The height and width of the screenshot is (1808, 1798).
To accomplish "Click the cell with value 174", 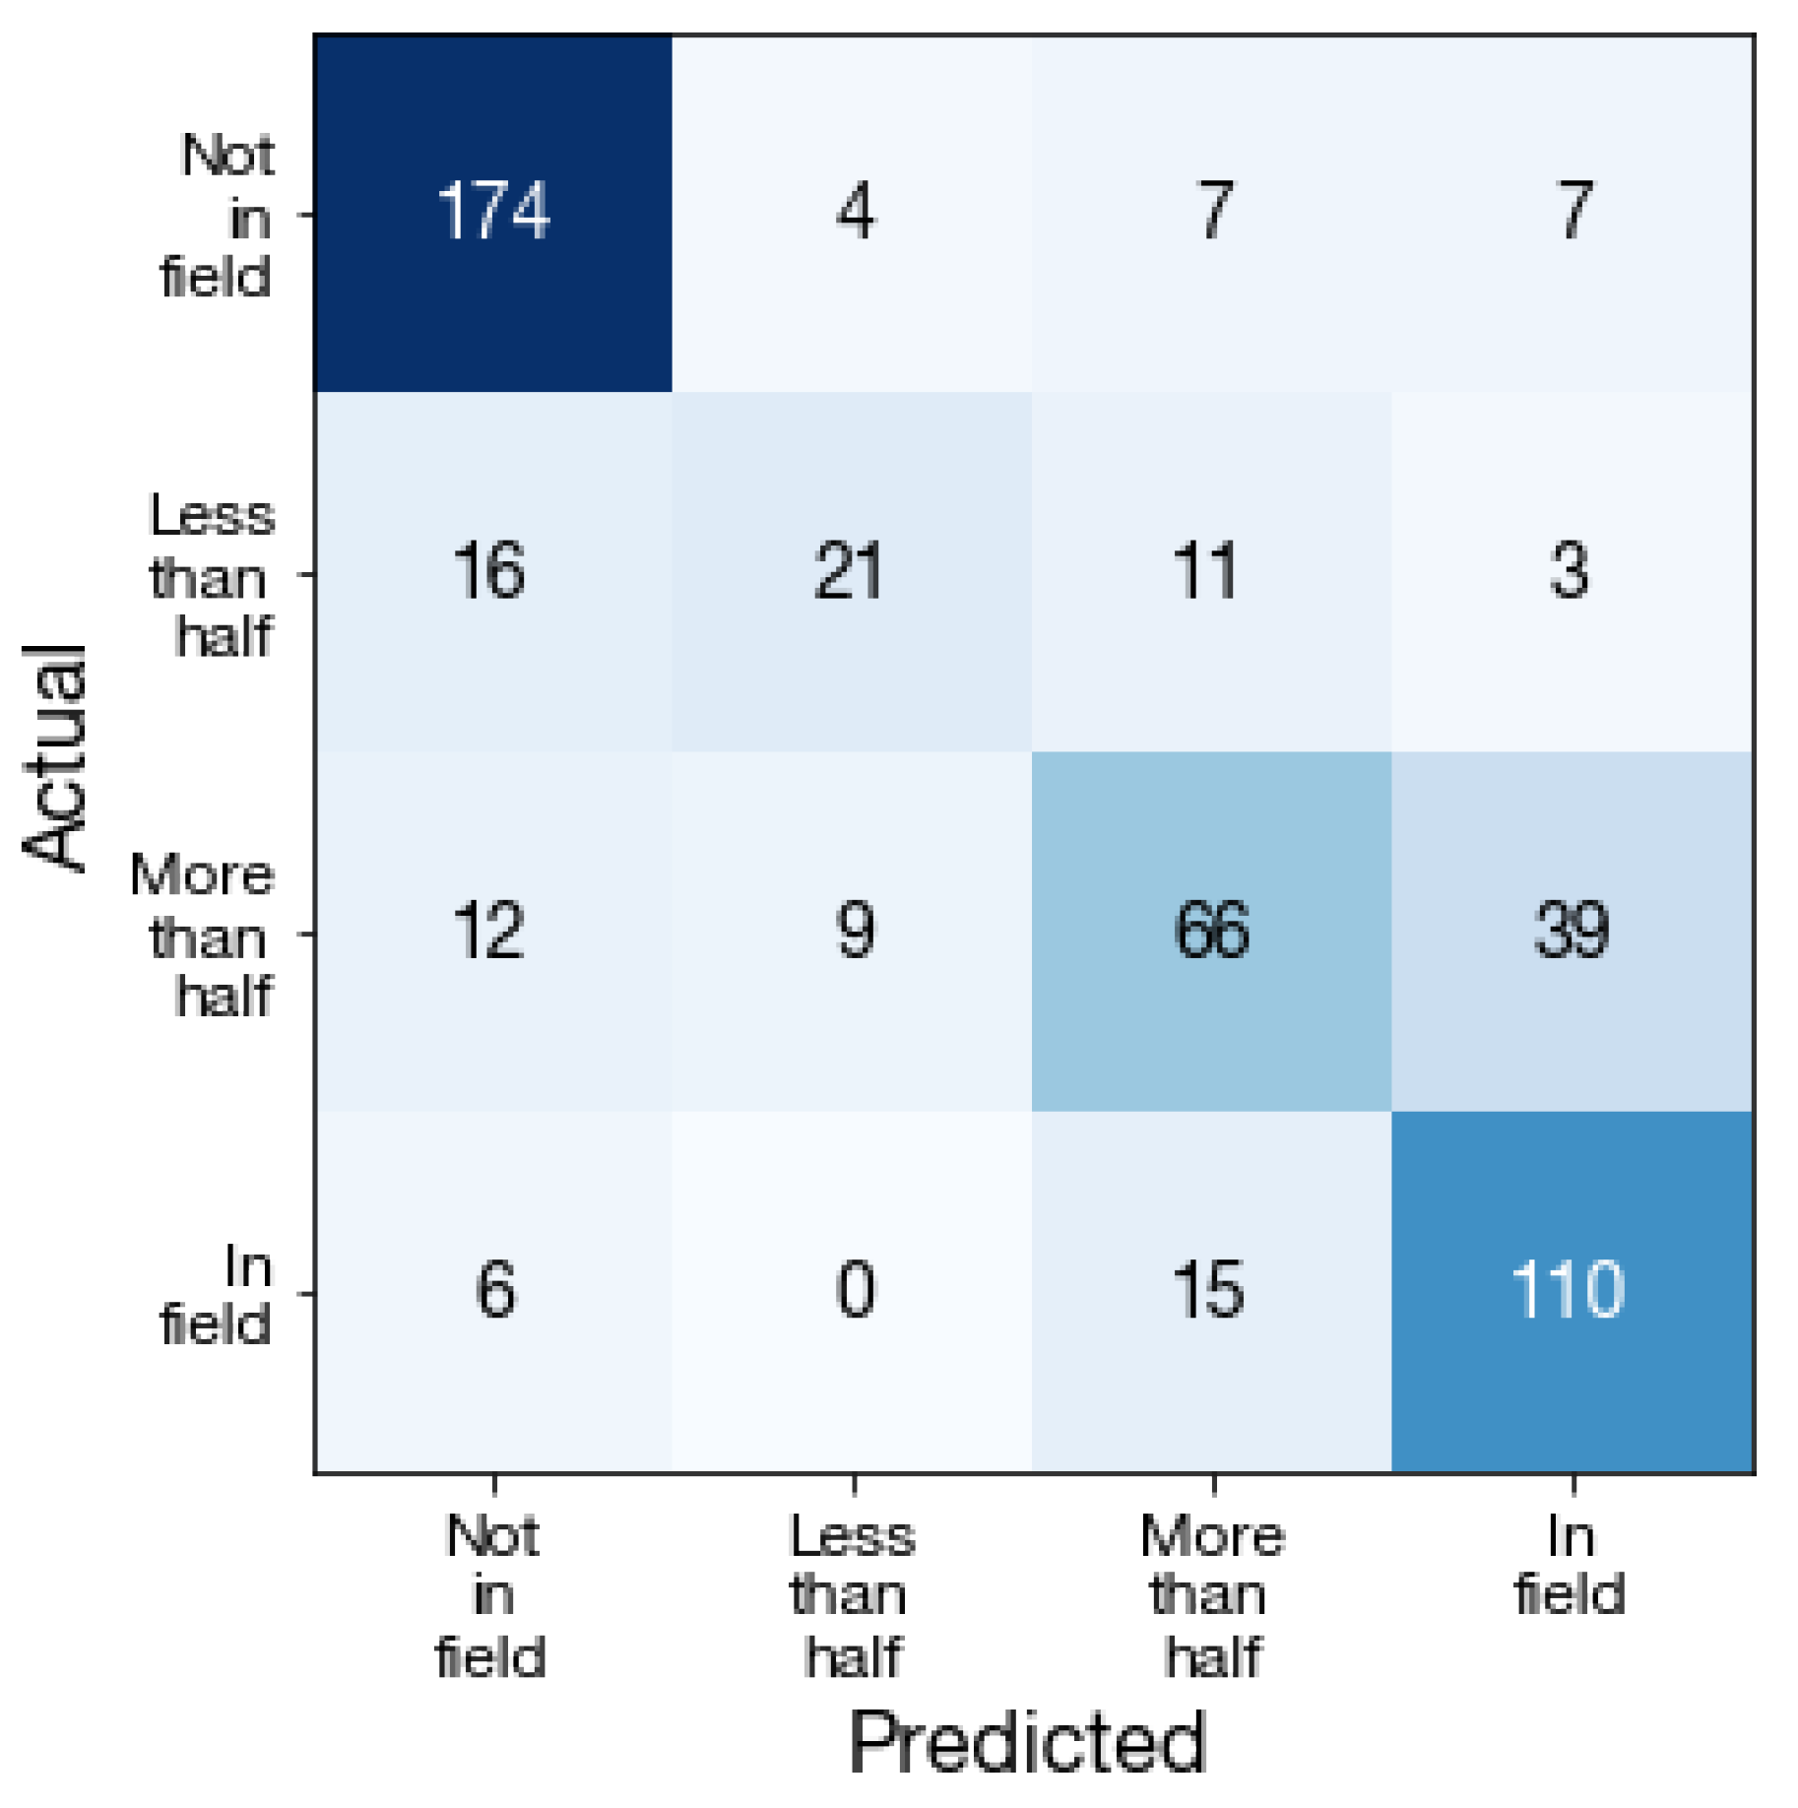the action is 493,213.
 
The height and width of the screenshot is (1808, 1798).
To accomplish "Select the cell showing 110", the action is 1573,1291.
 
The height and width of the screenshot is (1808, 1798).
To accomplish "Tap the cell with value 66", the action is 1212,932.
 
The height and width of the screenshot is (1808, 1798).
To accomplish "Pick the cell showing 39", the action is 1573,932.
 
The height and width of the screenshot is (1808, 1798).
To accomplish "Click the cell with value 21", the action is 853,572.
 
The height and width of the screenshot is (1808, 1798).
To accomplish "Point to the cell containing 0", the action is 853,1291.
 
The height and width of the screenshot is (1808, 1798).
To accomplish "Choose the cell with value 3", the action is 1573,572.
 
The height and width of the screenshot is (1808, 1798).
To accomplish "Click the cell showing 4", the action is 853,213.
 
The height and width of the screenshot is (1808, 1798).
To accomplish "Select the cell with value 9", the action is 853,932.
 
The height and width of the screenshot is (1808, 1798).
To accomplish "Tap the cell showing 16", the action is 493,572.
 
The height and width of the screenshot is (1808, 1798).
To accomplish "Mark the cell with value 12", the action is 493,932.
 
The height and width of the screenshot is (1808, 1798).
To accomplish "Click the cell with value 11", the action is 1212,572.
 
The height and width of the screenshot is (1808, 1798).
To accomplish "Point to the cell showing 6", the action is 493,1291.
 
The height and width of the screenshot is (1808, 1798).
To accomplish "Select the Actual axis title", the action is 55,757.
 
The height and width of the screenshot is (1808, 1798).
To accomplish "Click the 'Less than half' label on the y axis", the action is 212,575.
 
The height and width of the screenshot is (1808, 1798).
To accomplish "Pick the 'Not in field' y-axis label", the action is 218,216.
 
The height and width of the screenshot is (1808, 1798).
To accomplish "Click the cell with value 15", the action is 1212,1291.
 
